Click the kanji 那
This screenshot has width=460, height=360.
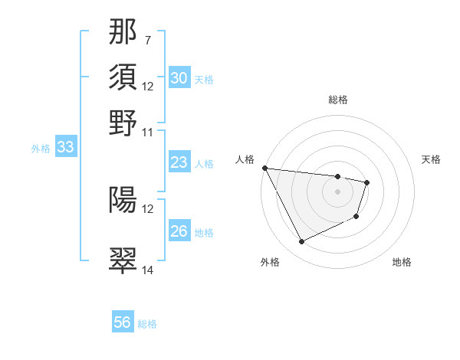123,34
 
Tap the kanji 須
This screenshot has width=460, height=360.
123,77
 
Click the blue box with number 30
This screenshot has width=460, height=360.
179,78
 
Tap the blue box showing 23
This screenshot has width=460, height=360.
179,162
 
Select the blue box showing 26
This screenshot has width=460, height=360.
179,231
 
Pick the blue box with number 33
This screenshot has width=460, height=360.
65,148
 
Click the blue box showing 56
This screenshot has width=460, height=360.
123,322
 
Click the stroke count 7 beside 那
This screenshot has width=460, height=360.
147,40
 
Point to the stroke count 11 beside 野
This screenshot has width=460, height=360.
147,132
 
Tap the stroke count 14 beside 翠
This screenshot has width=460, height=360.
147,270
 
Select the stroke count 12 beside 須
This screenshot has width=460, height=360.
147,86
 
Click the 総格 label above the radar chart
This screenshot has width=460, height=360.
337,100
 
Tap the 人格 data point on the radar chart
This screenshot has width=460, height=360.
265,168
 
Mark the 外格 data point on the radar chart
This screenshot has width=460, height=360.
301,242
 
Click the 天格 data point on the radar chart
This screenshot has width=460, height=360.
367,182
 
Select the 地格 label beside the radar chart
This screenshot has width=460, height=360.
402,263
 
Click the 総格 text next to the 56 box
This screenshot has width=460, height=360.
147,324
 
